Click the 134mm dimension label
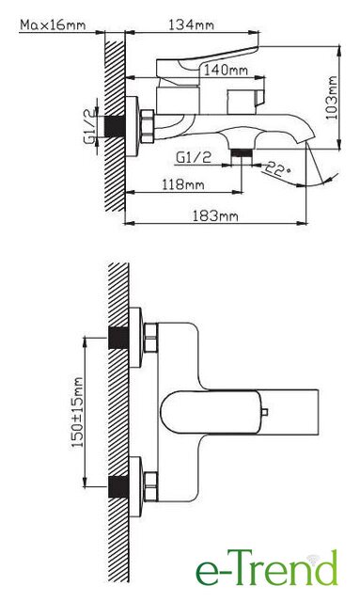pos(191,25)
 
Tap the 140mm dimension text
pos(226,71)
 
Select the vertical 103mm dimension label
pos(332,98)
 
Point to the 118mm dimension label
pos(182,184)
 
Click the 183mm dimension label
pos(215,216)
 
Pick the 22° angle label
pos(278,169)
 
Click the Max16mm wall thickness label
pos(53,25)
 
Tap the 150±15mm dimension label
pos(78,412)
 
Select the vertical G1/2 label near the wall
pos(89,126)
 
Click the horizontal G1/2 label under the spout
pos(194,157)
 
